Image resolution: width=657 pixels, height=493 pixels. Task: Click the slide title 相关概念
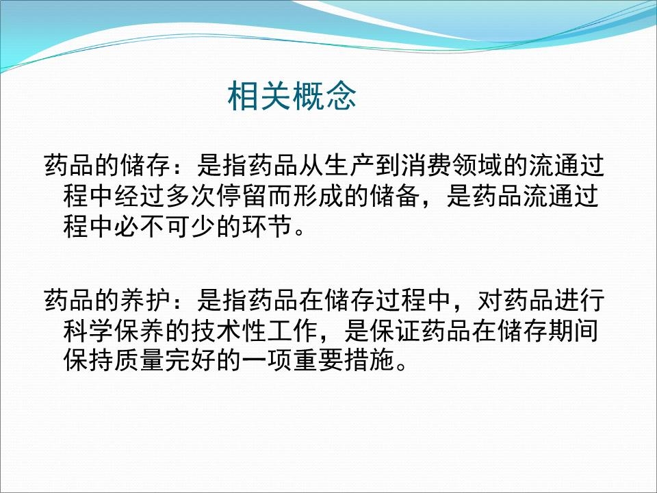coord(292,97)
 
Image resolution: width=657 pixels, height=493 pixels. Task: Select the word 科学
coord(78,329)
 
